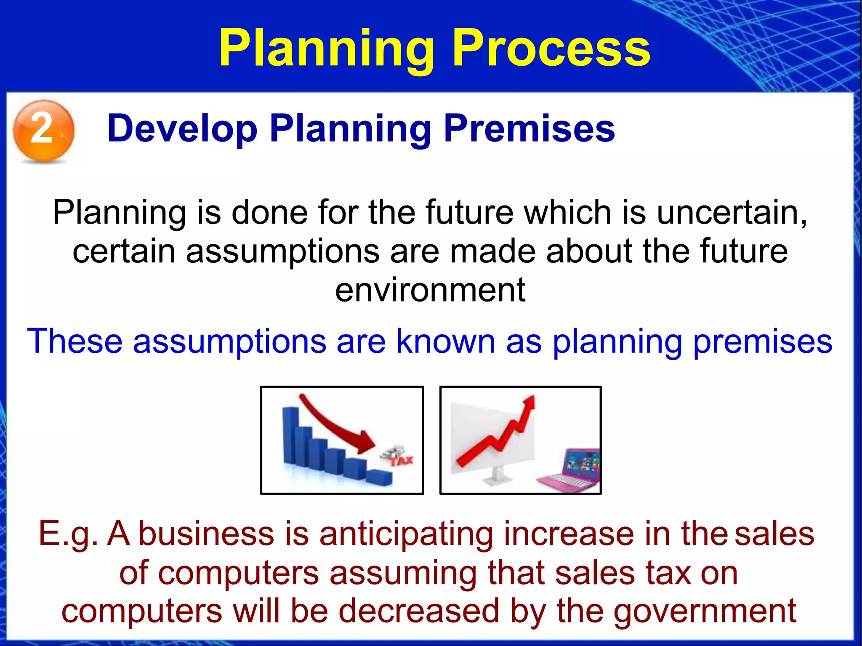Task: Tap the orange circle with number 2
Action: coord(43,130)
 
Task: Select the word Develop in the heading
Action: coord(182,128)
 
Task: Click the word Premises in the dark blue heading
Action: coord(529,128)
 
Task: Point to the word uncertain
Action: coord(731,212)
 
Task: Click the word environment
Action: coord(430,290)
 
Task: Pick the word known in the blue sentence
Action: coord(446,341)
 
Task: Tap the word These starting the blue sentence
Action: coord(74,341)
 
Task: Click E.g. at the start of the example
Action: coord(67,534)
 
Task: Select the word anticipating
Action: coord(406,534)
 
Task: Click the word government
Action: coord(705,611)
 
